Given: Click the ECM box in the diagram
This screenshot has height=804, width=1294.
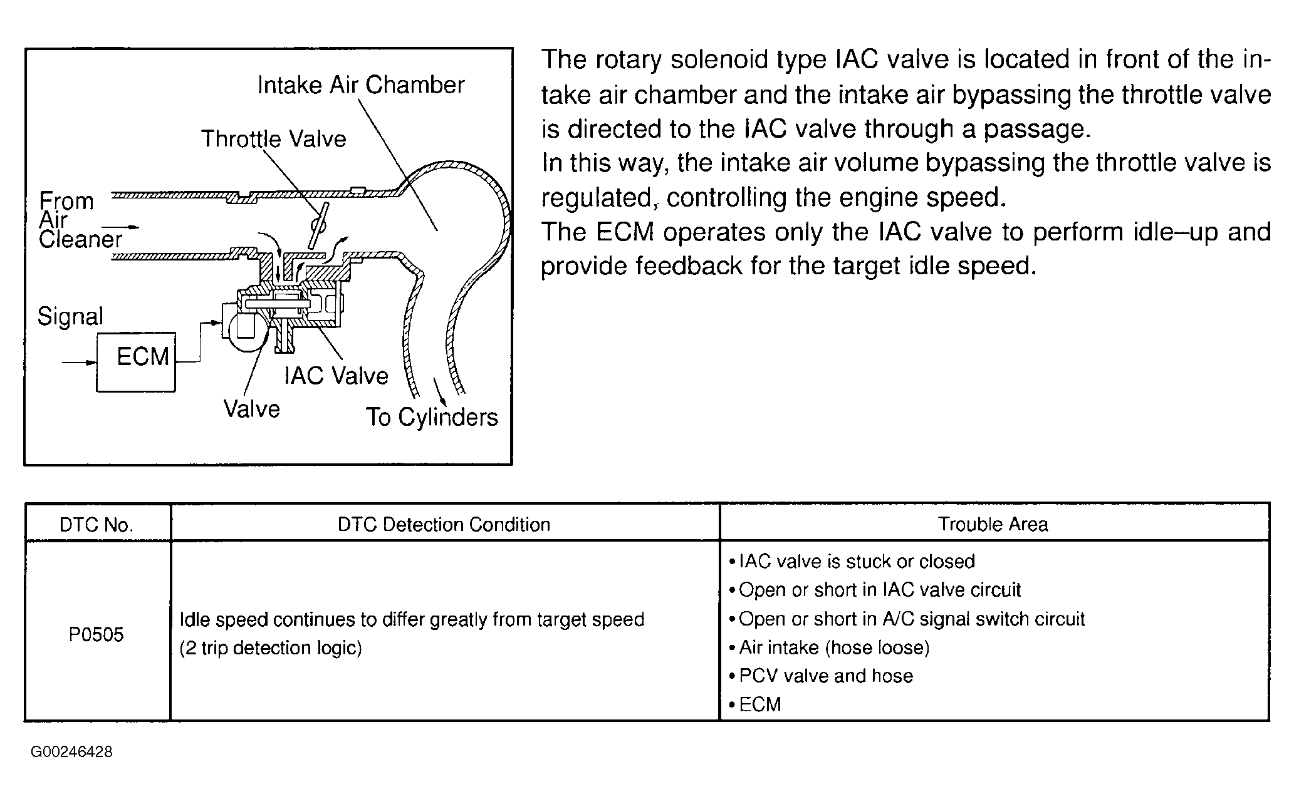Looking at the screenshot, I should click(136, 361).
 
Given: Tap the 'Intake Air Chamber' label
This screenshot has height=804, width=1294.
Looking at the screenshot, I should click(361, 85).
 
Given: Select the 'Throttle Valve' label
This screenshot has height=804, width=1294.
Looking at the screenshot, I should click(273, 138).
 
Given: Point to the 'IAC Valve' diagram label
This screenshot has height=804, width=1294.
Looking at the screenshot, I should click(337, 375).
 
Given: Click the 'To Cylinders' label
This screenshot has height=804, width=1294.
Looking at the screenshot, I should click(432, 417).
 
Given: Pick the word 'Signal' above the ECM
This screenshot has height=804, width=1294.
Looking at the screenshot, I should click(70, 316).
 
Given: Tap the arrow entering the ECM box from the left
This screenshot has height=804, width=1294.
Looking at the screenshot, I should click(79, 362).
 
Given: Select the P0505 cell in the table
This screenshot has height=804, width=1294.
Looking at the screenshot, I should click(97, 634).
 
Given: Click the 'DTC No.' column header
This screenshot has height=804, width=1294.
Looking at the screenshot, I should click(97, 525).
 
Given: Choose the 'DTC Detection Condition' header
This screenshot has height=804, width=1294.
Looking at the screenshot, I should click(444, 524).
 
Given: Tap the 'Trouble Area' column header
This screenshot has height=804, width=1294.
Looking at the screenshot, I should click(993, 524).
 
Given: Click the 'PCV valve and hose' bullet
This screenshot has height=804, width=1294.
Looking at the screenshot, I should click(825, 676).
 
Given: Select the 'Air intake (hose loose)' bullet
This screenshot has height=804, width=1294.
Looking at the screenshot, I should click(833, 647).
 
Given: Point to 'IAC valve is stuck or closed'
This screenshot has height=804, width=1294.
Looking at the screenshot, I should click(856, 561).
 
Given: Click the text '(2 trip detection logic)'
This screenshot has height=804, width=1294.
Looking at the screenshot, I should click(271, 647).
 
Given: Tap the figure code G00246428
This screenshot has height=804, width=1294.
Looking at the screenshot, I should click(71, 752).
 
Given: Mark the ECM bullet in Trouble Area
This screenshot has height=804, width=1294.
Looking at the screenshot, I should click(759, 704).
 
